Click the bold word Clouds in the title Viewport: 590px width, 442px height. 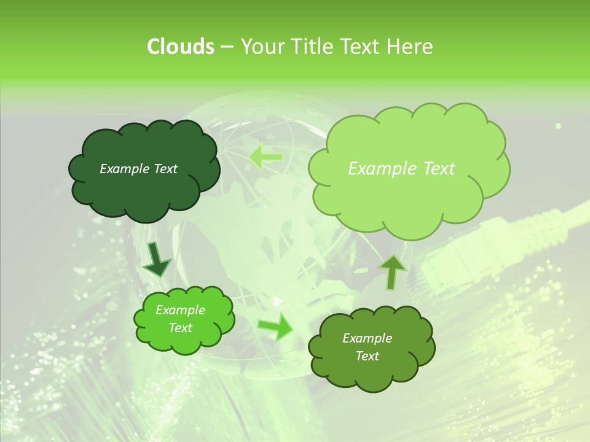click(x=180, y=47)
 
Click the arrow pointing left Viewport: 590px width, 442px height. click(x=265, y=157)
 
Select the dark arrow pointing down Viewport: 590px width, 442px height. click(x=157, y=259)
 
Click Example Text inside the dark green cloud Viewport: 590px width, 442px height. click(x=138, y=169)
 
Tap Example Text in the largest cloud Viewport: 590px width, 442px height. click(x=401, y=169)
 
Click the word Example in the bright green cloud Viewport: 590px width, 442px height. click(x=180, y=310)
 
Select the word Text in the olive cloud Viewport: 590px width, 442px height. click(x=367, y=356)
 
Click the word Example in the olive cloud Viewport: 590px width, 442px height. click(x=367, y=338)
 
